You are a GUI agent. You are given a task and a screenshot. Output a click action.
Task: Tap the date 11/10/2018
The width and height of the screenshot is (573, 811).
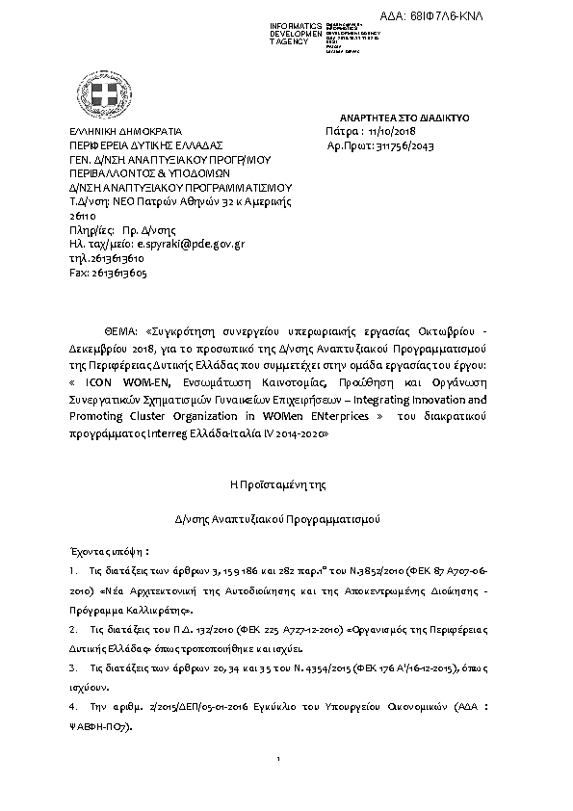[393, 130]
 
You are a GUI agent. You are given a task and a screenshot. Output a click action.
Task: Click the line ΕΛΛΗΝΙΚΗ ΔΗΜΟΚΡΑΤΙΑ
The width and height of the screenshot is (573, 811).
[118, 130]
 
